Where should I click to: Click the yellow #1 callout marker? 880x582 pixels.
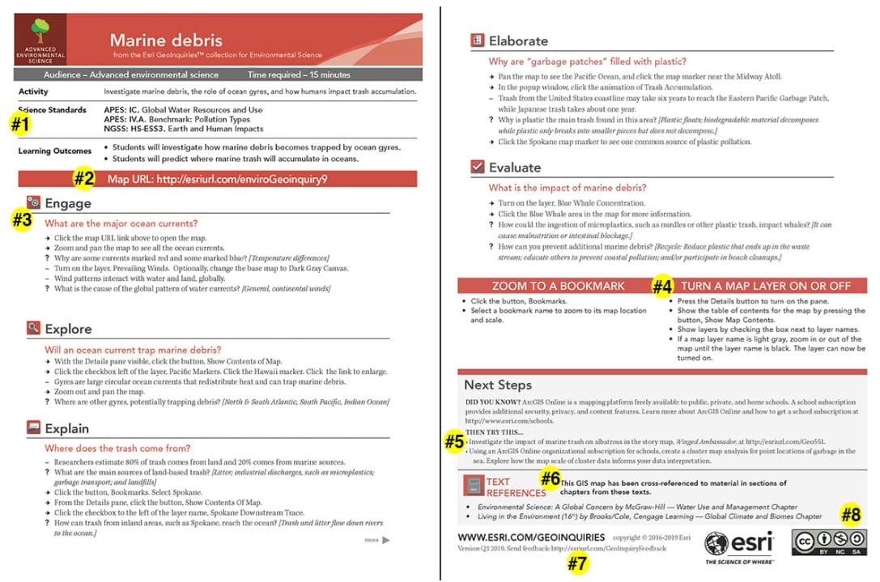(x=19, y=125)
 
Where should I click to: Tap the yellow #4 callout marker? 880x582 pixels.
(x=662, y=286)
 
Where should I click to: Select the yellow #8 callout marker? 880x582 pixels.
(x=849, y=514)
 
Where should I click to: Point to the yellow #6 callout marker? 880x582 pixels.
(x=551, y=478)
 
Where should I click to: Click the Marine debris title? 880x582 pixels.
(x=165, y=40)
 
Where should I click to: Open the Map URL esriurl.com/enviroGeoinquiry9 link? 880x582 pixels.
(x=241, y=179)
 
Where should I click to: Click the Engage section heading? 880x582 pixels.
(x=68, y=203)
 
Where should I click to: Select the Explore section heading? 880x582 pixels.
(x=68, y=329)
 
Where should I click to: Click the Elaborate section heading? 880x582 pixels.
(x=518, y=40)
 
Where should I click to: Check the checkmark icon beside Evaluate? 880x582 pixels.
(x=478, y=168)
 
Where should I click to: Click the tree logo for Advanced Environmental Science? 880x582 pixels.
(x=39, y=32)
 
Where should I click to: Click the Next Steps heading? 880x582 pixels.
(x=498, y=384)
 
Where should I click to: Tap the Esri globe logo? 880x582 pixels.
(x=717, y=544)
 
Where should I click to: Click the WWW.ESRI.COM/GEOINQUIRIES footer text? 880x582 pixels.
(x=531, y=537)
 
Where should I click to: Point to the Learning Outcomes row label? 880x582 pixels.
(x=54, y=151)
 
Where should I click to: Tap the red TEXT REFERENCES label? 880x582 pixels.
(x=516, y=487)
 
